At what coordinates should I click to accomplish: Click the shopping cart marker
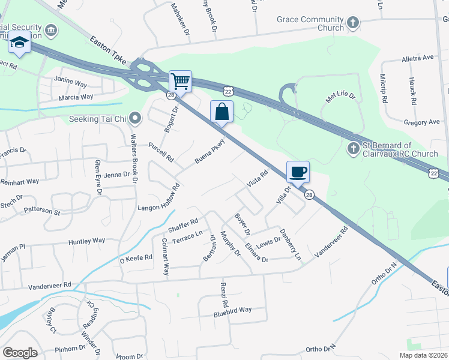coord(179,80)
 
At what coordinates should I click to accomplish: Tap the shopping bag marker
coord(221,112)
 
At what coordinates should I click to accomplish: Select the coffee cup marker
coord(298,172)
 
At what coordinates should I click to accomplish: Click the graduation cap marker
coord(19,44)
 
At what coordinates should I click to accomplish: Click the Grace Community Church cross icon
coord(353,23)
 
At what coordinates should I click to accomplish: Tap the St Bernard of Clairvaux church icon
coord(353,147)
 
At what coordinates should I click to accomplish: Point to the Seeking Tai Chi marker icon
coord(135,118)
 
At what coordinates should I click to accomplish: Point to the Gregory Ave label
coord(422,122)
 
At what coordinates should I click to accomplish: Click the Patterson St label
coord(42,211)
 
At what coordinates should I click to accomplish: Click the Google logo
coord(20,353)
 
